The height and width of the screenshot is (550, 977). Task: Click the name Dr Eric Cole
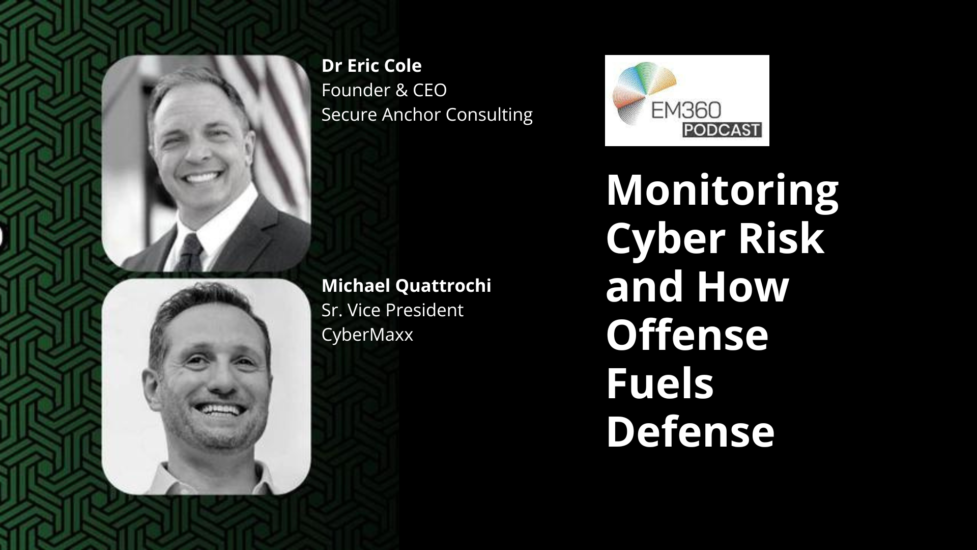pyautogui.click(x=371, y=66)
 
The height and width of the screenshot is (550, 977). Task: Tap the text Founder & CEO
pyautogui.click(x=384, y=90)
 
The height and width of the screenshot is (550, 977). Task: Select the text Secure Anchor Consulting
pyautogui.click(x=426, y=115)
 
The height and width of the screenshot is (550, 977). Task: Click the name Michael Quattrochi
pyautogui.click(x=406, y=286)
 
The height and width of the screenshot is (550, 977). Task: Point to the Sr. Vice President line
pyautogui.click(x=392, y=310)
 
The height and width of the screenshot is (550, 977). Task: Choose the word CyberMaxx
pyautogui.click(x=367, y=335)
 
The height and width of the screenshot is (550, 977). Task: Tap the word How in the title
pyautogui.click(x=742, y=286)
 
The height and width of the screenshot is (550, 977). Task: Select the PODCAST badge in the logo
pyautogui.click(x=722, y=130)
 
